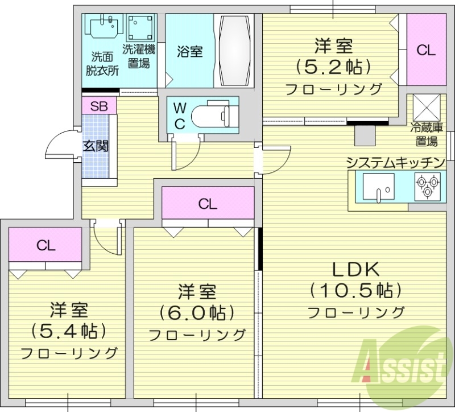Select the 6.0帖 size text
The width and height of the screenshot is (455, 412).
[x=196, y=312]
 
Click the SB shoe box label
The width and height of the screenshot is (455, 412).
[x=99, y=106]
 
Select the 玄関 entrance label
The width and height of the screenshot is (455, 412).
[x=96, y=146]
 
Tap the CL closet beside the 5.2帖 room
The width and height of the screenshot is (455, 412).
[x=425, y=50]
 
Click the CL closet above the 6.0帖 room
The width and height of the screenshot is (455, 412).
[x=208, y=204]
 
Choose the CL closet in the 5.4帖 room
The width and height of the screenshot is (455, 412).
[x=45, y=245]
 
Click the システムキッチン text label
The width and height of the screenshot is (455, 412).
[x=395, y=162]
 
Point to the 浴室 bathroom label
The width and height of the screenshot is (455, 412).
[x=189, y=52]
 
